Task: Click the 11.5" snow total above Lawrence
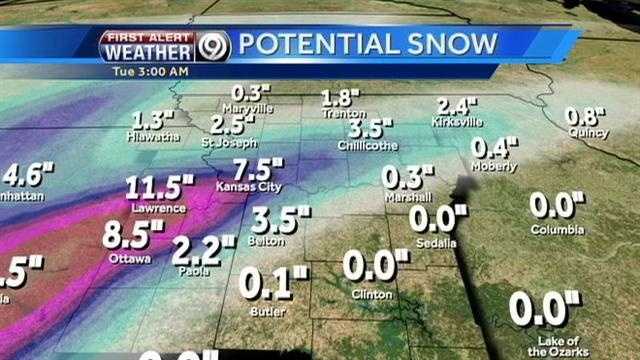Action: [x=159, y=187]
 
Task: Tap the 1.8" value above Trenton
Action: [x=340, y=98]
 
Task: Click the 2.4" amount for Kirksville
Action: [x=459, y=106]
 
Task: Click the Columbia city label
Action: [x=557, y=230]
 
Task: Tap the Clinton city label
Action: [x=372, y=294]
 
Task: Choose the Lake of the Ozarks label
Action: [x=545, y=346]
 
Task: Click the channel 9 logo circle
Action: [x=215, y=46]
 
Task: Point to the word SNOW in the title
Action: [x=451, y=44]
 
